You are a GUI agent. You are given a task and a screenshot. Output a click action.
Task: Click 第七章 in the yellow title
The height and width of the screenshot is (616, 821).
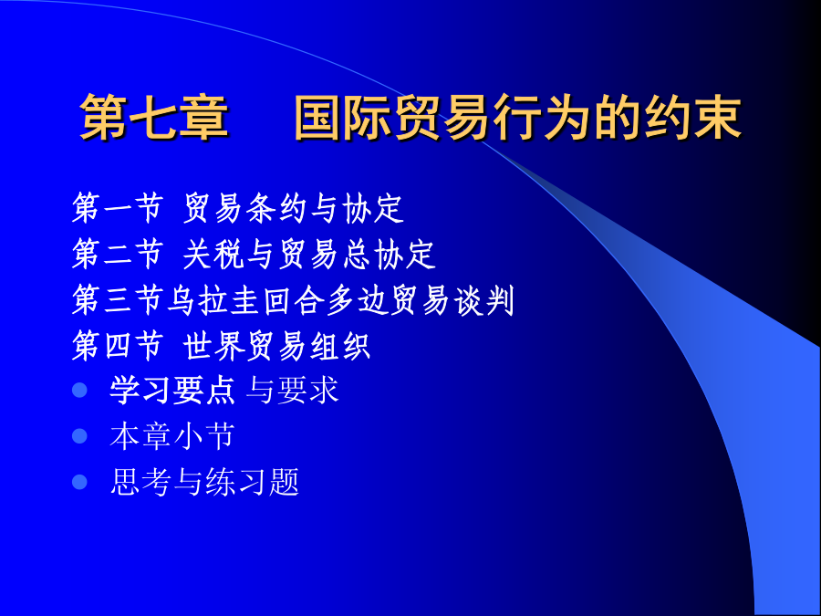[154, 118]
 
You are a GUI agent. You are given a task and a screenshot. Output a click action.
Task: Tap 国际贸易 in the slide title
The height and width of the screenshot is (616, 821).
[393, 118]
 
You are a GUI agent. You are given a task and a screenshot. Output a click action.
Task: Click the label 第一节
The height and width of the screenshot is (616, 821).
[118, 208]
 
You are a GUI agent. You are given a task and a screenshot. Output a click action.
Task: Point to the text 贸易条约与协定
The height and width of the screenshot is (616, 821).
[293, 208]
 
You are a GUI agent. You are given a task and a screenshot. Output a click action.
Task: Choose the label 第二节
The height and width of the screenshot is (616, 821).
[118, 254]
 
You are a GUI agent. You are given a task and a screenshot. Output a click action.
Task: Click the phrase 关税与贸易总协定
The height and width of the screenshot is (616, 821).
[309, 254]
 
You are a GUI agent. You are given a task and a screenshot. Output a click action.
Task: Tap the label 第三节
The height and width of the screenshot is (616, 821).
[118, 300]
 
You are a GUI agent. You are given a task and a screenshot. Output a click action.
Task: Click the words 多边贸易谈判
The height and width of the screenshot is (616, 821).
[420, 300]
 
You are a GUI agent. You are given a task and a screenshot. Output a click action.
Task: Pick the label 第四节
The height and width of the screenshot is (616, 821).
[118, 345]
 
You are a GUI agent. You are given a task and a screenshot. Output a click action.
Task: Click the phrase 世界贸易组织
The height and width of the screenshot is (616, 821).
[277, 345]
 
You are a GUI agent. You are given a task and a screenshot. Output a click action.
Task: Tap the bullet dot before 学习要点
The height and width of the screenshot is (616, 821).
[79, 391]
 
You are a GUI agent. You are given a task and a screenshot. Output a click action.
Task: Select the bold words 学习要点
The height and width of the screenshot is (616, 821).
[172, 391]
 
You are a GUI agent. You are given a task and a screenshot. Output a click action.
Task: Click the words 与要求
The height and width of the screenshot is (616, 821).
[293, 391]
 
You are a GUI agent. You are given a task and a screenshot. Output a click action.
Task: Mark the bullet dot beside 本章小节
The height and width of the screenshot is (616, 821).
[79, 436]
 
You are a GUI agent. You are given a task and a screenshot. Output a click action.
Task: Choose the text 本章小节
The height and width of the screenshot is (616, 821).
[172, 436]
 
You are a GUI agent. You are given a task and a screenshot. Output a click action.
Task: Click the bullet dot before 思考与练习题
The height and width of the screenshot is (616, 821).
[79, 482]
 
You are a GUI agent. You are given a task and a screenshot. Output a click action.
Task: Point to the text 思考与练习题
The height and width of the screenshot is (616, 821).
[204, 482]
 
